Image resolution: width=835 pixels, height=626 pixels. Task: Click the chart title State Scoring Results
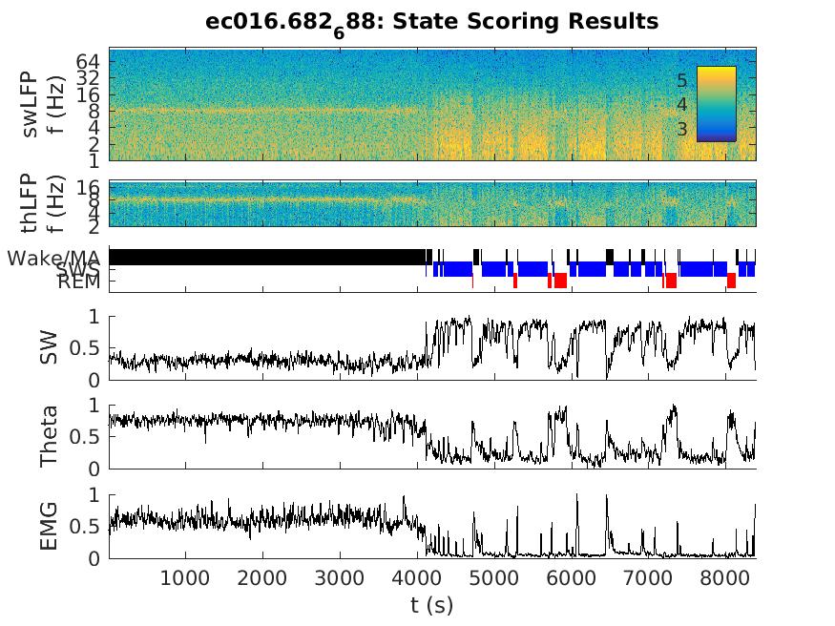pyautogui.click(x=431, y=21)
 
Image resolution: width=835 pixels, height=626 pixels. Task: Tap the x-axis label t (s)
pyautogui.click(x=431, y=605)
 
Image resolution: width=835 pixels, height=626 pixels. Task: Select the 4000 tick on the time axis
pyautogui.click(x=417, y=577)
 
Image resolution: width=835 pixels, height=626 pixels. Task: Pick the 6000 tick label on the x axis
pyautogui.click(x=571, y=577)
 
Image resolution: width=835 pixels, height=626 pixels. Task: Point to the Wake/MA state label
pyautogui.click(x=53, y=258)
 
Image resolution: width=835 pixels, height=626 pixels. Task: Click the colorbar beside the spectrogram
pyautogui.click(x=716, y=103)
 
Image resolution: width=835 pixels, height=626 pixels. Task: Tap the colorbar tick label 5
pyautogui.click(x=681, y=80)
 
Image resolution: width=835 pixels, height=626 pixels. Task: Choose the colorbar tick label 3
pyautogui.click(x=681, y=128)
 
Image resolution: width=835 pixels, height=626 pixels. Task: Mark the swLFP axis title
pyautogui.click(x=40, y=104)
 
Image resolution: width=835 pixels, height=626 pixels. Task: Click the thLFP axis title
pyautogui.click(x=40, y=202)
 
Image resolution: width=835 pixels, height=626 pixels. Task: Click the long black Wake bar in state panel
pyautogui.click(x=267, y=257)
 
